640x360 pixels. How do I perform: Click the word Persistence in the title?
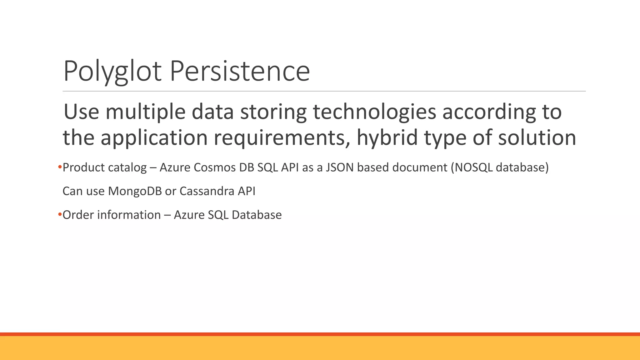coord(240,71)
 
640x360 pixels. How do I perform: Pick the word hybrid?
coord(387,137)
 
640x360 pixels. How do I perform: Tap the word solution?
coord(537,137)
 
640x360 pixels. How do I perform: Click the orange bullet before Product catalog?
coord(60,167)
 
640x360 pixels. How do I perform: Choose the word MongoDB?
coord(135,191)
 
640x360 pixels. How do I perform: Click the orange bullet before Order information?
coord(60,215)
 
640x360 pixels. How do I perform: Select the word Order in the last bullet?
coord(78,215)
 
